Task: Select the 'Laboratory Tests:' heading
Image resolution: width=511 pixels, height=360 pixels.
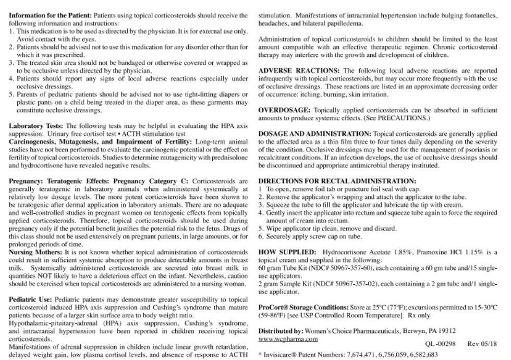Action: click(36, 126)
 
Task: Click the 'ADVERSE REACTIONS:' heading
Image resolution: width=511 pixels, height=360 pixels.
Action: click(299, 71)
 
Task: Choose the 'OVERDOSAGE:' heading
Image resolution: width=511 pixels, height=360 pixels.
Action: click(285, 111)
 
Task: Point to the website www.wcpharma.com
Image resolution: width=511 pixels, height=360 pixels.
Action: click(288, 339)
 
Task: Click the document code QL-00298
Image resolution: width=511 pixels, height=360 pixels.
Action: click(440, 344)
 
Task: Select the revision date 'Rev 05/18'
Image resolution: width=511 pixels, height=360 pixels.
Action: click(482, 344)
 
